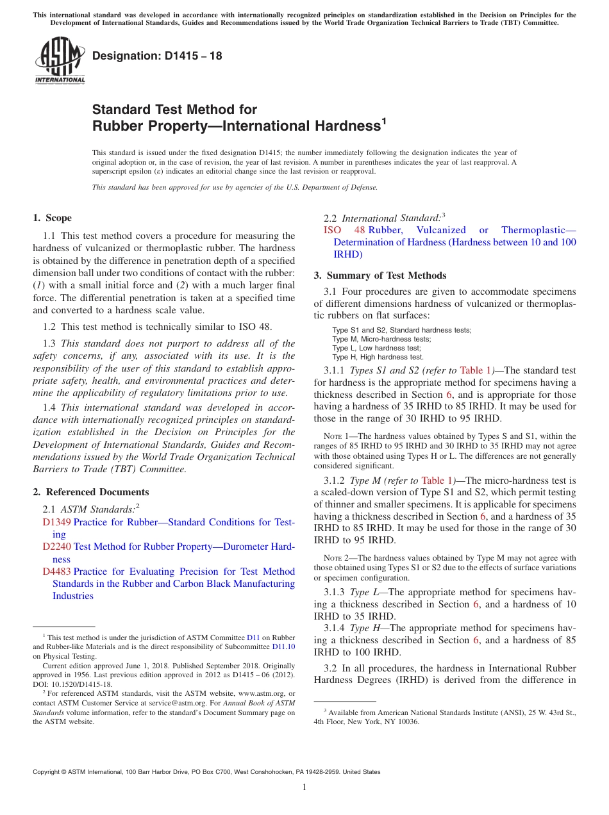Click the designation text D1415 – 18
click(x=157, y=56)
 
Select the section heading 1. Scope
click(x=53, y=218)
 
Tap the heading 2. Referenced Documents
click(x=91, y=492)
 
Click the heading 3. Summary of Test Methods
click(x=380, y=276)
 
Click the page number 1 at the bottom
click(x=304, y=787)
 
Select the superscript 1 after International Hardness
click(x=384, y=120)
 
